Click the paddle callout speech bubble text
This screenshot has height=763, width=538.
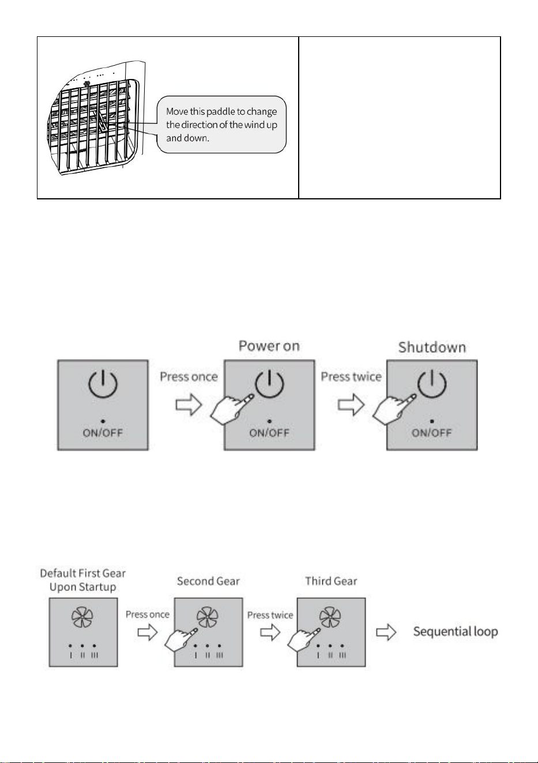coord(221,124)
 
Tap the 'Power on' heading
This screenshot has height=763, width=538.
coord(269,346)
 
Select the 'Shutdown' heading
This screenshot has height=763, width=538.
coord(432,347)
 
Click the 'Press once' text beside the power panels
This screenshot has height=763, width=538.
coord(189,377)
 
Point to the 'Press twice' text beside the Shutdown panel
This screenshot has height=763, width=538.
coord(351,377)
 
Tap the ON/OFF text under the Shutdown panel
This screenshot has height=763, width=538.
coord(432,433)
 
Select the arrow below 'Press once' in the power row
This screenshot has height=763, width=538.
coord(189,405)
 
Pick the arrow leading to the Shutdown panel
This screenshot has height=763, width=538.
coord(351,405)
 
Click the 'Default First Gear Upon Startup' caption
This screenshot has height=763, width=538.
coord(83,580)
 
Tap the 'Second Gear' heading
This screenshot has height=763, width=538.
coord(208,581)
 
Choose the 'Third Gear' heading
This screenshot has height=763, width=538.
coord(331,581)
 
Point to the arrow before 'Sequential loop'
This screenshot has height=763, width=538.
coord(386,632)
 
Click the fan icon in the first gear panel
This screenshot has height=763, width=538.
coord(82,617)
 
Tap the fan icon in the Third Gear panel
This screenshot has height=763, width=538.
coord(330,617)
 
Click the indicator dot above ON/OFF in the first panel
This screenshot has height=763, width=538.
coord(103,421)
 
